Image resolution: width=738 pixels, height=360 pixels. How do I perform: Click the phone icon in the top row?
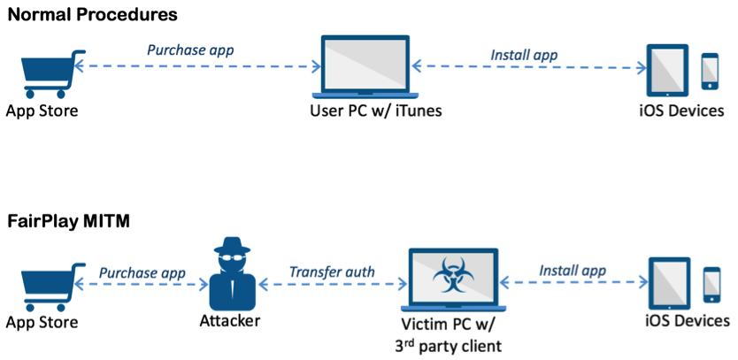coord(711,72)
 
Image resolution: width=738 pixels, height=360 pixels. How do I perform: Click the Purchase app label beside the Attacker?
coord(142,272)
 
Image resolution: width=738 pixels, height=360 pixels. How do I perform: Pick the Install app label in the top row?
coord(524,55)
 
